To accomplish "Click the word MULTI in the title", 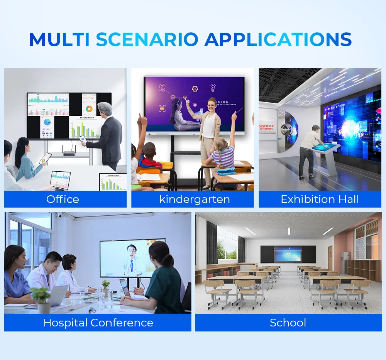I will point(59,39).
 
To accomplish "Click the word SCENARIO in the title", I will point(147,39).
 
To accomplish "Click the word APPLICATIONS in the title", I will point(278,39).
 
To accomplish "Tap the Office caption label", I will point(63,199).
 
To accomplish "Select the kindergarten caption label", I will point(195,199).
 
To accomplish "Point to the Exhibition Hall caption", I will point(320,199).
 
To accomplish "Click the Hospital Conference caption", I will point(98,323).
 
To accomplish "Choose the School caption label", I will point(288,323).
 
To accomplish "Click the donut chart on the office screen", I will point(90,110).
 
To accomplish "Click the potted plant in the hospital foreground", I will point(41,299).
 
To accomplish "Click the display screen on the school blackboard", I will point(288,254).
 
